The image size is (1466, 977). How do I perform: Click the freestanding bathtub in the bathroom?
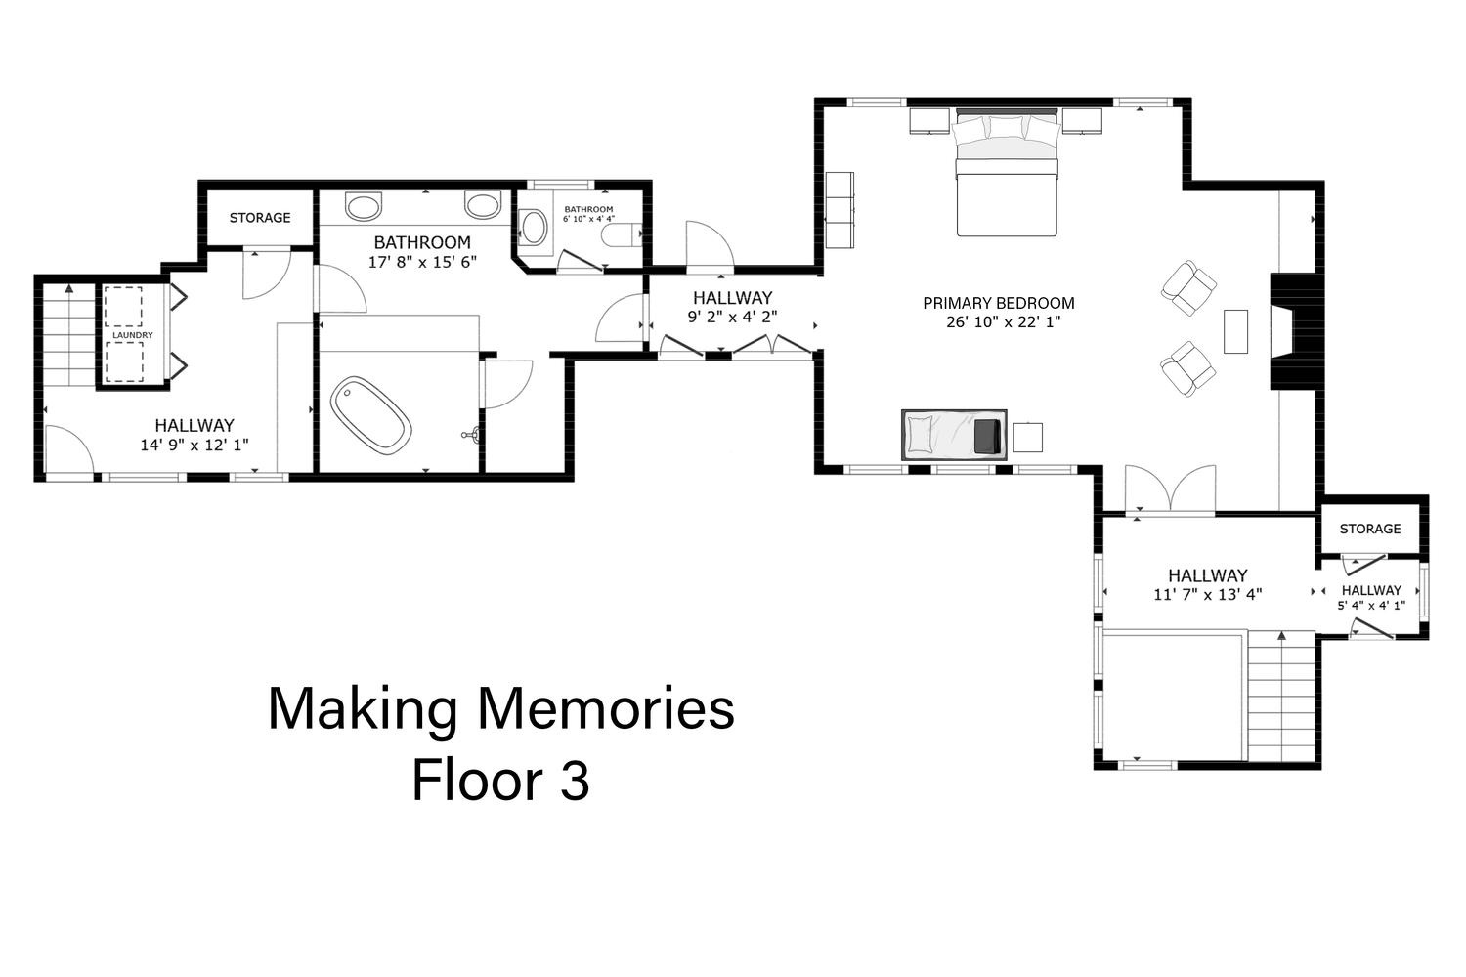371,415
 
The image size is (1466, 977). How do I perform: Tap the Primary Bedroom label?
999,303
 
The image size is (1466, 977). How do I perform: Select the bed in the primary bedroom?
1007,173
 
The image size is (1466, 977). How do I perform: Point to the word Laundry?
133,335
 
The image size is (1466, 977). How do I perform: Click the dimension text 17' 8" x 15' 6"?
423,263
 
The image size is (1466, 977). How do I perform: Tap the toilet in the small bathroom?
622,234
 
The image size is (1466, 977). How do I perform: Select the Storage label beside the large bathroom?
260,218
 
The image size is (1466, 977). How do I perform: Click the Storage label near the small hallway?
1370,529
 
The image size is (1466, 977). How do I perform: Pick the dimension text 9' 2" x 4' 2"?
732,317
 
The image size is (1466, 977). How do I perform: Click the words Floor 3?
500,780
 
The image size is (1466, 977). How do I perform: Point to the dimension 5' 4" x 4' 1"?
1371,606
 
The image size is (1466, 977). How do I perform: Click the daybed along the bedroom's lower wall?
954,435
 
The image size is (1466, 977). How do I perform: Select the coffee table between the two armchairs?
1235,331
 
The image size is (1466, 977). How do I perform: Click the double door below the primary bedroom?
1171,488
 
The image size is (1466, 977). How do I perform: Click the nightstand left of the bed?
929,121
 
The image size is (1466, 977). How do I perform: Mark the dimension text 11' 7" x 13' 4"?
1207,595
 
